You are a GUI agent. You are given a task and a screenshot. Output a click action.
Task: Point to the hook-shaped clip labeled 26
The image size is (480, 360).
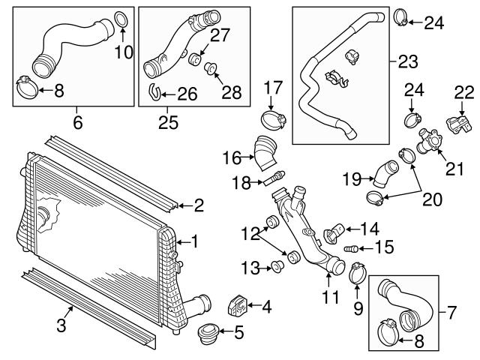click(x=154, y=93)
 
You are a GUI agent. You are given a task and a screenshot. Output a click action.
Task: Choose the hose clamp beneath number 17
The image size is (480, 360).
click(x=272, y=118)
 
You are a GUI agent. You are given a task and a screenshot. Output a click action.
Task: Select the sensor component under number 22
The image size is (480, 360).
click(x=456, y=122)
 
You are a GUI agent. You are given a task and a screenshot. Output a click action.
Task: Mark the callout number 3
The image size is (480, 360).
click(x=63, y=325)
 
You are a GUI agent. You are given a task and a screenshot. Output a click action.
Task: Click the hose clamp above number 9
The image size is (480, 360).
click(x=356, y=268)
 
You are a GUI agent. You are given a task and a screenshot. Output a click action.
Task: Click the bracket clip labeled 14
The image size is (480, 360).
click(x=334, y=234)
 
